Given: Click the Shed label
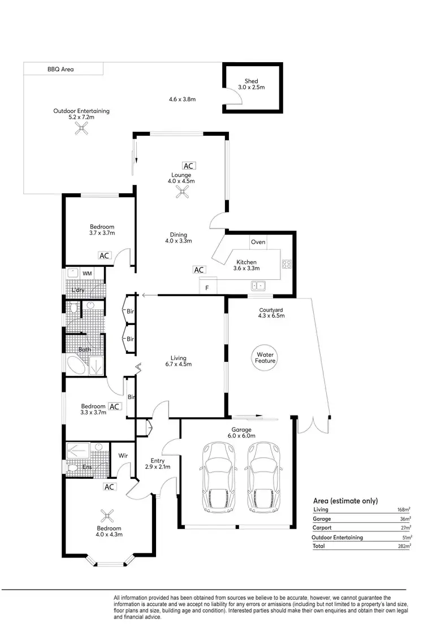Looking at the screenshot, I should pyautogui.click(x=252, y=81).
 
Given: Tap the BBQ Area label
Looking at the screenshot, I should pyautogui.click(x=60, y=70).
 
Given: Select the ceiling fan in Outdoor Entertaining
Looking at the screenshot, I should pyautogui.click(x=81, y=129).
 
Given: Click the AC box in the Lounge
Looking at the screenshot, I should pyautogui.click(x=188, y=166).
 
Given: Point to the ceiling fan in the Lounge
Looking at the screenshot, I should pyautogui.click(x=181, y=195).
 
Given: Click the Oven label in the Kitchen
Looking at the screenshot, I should pyautogui.click(x=258, y=242).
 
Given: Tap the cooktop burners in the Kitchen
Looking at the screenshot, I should pyautogui.click(x=287, y=263).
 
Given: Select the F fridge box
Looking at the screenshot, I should pyautogui.click(x=207, y=288).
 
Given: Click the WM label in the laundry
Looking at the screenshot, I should pyautogui.click(x=88, y=274).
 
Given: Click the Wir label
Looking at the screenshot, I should pyautogui.click(x=123, y=456).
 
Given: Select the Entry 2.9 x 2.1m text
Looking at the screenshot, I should pyautogui.click(x=158, y=464).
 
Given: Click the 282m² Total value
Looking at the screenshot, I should pyautogui.click(x=404, y=546).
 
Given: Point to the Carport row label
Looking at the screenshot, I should pyautogui.click(x=322, y=528).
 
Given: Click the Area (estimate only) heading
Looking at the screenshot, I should pyautogui.click(x=345, y=501).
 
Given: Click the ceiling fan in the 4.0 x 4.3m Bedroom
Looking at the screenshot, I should pyautogui.click(x=107, y=516).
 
